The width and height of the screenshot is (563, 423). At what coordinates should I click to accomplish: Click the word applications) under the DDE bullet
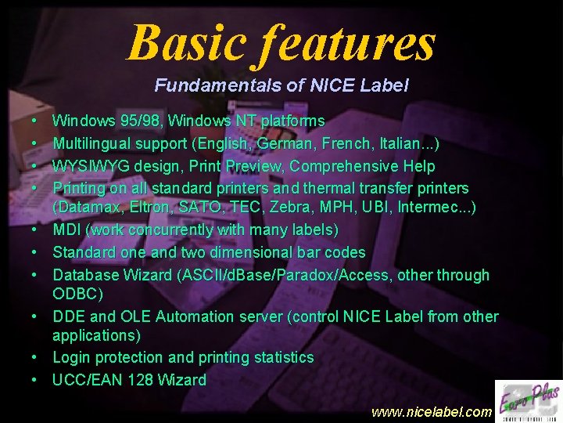pyautogui.click(x=96, y=335)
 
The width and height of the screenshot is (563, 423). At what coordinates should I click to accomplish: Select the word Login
pyautogui.click(x=70, y=357)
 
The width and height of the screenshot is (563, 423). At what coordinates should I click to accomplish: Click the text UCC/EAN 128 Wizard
pyautogui.click(x=129, y=380)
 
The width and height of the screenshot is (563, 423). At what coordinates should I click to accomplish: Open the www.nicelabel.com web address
pyautogui.click(x=432, y=410)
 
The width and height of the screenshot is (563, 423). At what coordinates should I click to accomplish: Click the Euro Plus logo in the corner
pyautogui.click(x=528, y=399)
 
